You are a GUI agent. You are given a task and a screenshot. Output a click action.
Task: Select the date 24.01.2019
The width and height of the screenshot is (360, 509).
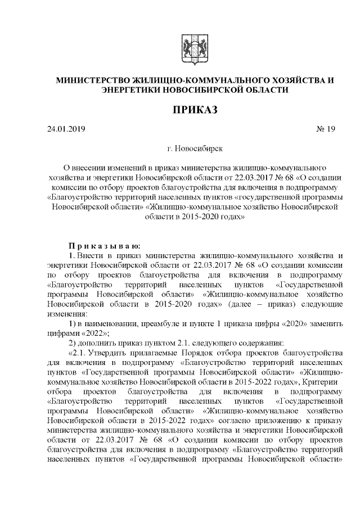66,130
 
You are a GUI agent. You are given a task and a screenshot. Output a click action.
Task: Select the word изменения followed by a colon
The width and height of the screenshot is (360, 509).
67,314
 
